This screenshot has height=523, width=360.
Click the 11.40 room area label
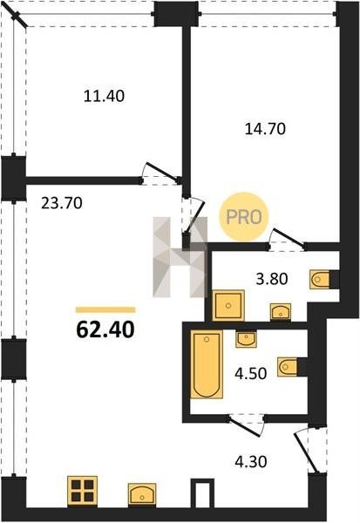tap(104, 96)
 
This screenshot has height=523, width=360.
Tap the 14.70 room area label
tap(265, 129)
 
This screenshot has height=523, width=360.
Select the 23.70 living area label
tap(62, 203)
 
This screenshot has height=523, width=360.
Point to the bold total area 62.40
tap(105, 329)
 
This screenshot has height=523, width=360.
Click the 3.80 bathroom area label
tap(272, 279)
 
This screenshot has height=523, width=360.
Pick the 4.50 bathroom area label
tap(250, 374)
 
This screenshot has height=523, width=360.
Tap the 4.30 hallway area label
tap(250, 462)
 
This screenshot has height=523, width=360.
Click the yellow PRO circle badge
tap(244, 217)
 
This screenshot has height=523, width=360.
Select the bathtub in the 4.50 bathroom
tap(207, 364)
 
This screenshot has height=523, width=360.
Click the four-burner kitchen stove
tap(82, 490)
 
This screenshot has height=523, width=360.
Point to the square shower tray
tap(228, 305)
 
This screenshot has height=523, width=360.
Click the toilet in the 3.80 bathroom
tap(320, 279)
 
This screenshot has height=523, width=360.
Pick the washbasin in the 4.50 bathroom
tap(246, 339)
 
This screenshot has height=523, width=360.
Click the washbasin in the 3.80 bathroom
tap(281, 312)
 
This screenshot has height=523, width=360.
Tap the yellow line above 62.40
tap(105, 309)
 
